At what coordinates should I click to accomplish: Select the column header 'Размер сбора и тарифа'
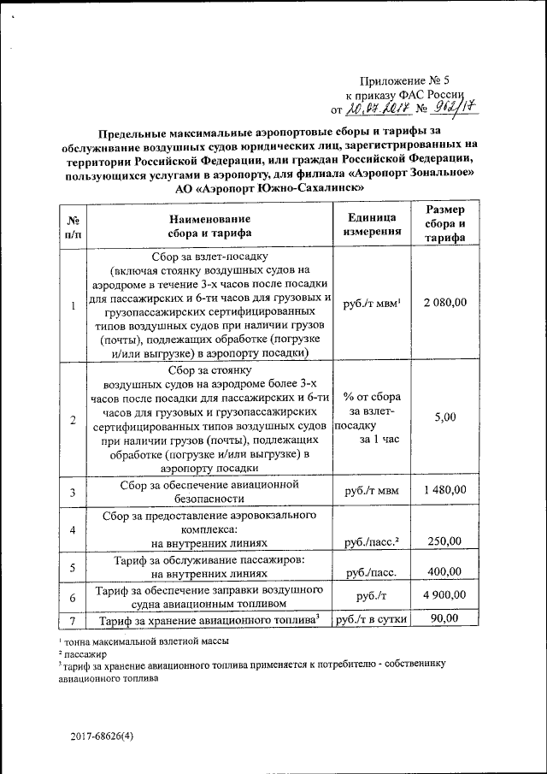[x=445, y=224]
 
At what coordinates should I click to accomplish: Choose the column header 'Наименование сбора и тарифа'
[x=209, y=225]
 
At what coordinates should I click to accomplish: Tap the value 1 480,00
[x=445, y=490]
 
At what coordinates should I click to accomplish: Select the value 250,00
[x=445, y=541]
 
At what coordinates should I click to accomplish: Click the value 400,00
[x=445, y=571]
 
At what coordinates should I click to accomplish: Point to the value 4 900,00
[x=445, y=595]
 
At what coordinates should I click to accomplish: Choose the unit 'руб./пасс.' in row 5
[x=370, y=572]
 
